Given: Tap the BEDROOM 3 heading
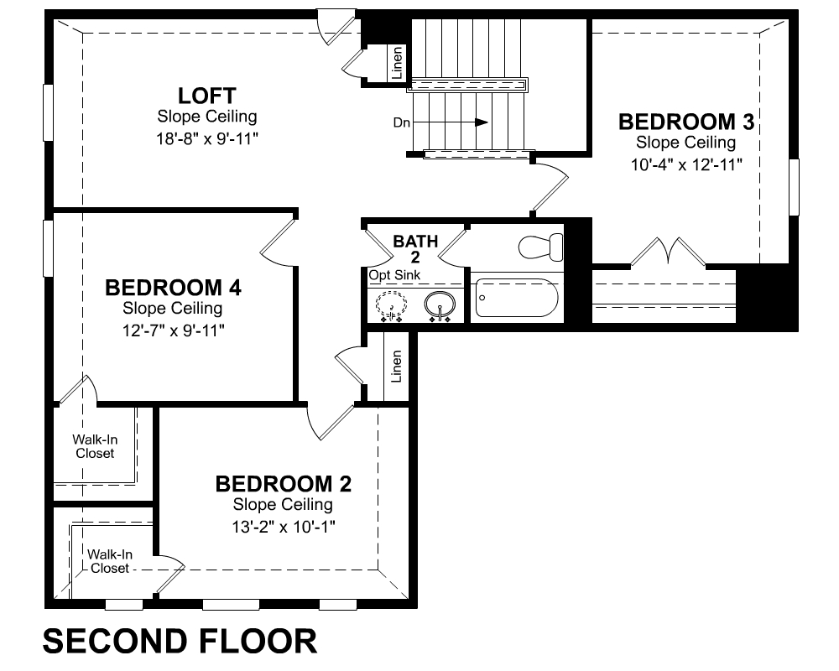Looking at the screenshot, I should [x=685, y=122].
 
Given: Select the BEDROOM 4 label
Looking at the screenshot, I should [x=173, y=288].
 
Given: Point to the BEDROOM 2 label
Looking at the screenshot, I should [x=283, y=484].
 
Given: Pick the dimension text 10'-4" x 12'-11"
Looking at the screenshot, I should [x=685, y=165].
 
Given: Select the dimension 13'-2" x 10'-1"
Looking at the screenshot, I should [x=283, y=527].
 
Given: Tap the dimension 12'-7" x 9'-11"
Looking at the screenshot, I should [x=173, y=330].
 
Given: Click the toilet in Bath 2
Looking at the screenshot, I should [x=539, y=247].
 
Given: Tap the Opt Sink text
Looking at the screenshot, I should [x=394, y=275].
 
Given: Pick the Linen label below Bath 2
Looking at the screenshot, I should [x=397, y=366].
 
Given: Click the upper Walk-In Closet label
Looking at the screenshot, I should [x=95, y=446].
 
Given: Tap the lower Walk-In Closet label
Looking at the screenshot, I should [x=110, y=561].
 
